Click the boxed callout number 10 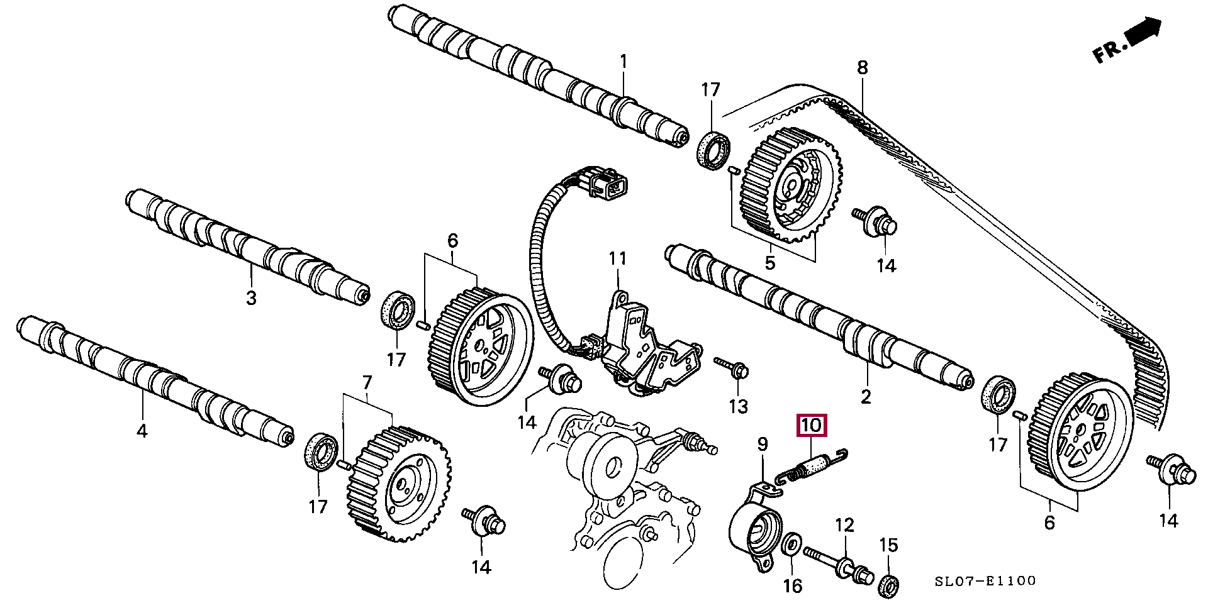[811, 426]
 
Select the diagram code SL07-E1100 [985, 582]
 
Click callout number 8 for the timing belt [862, 67]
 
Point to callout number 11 [617, 258]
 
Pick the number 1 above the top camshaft [624, 62]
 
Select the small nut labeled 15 [888, 583]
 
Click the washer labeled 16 [791, 544]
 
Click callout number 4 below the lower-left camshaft [142, 431]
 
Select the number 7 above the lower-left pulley [367, 382]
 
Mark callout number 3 [251, 297]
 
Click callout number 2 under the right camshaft [866, 396]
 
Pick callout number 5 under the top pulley [769, 262]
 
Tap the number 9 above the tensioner [762, 445]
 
